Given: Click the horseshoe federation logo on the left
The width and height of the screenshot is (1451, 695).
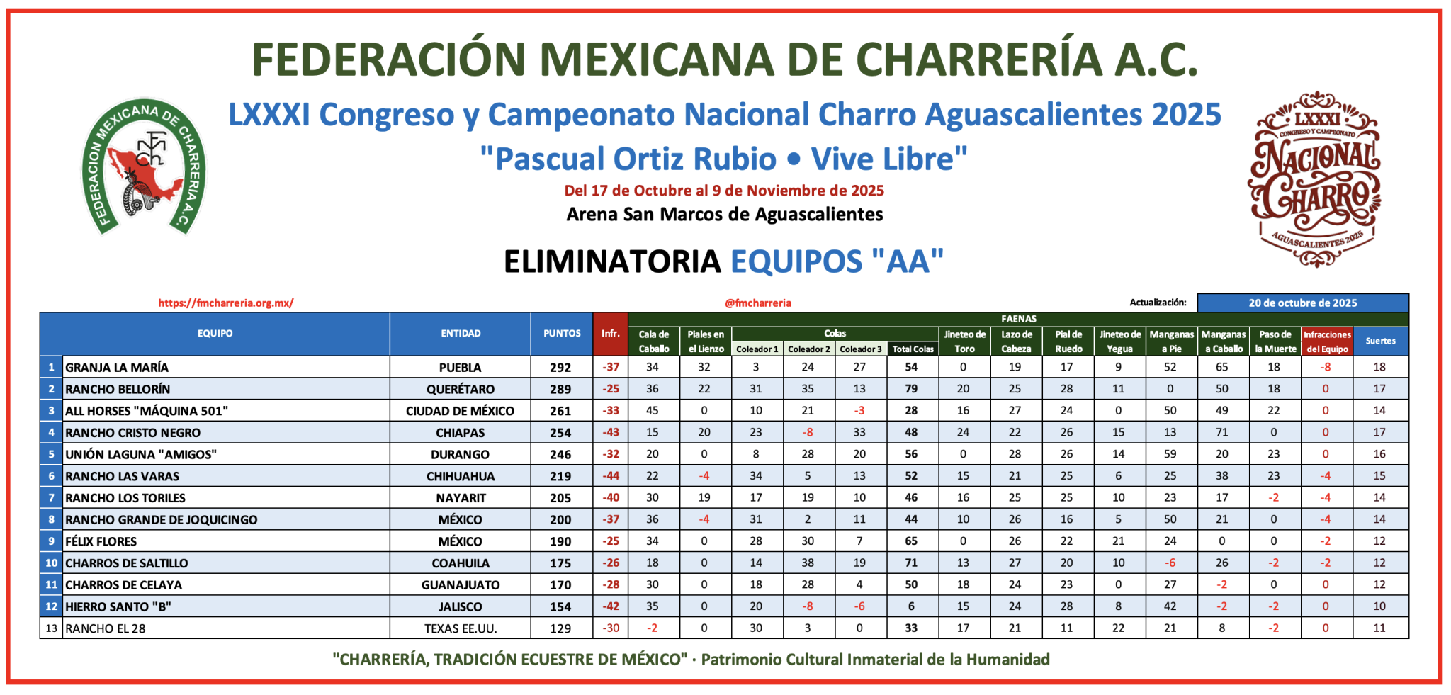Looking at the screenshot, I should pyautogui.click(x=144, y=167).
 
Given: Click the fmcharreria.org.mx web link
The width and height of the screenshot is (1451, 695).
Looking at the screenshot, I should pyautogui.click(x=226, y=303).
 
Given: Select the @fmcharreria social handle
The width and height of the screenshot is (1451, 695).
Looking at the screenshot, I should pyautogui.click(x=758, y=303).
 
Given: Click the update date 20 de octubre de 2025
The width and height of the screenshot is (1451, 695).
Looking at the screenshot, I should pyautogui.click(x=1302, y=303).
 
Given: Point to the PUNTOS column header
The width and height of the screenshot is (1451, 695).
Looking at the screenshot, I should pyautogui.click(x=562, y=334).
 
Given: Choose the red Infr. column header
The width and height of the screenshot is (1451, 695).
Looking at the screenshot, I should pyautogui.click(x=610, y=334).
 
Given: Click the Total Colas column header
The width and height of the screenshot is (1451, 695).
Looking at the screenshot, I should pyautogui.click(x=913, y=349).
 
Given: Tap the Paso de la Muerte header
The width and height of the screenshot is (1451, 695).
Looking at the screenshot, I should pyautogui.click(x=1275, y=341).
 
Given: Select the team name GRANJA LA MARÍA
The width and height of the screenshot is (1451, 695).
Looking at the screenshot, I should pyautogui.click(x=118, y=367).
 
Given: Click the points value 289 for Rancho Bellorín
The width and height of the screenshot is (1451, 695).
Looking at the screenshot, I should pyautogui.click(x=560, y=389).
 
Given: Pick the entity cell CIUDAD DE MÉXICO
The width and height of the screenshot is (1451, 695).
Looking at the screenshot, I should pyautogui.click(x=460, y=411).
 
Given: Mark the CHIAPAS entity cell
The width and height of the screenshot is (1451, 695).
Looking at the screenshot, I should pyautogui.click(x=460, y=433).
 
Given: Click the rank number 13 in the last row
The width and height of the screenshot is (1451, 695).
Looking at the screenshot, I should pyautogui.click(x=51, y=628).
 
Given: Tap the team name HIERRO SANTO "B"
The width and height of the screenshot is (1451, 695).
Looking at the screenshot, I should pyautogui.click(x=118, y=606).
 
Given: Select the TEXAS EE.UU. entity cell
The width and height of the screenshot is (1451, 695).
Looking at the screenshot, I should pyautogui.click(x=461, y=628).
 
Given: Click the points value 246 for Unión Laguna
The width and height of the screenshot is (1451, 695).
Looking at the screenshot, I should pyautogui.click(x=560, y=454).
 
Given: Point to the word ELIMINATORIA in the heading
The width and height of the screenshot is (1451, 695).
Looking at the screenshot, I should pyautogui.click(x=612, y=261).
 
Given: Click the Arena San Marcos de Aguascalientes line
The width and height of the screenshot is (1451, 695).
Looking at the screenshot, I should pyautogui.click(x=724, y=215).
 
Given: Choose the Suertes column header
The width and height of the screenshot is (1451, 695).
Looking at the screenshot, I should pyautogui.click(x=1380, y=341).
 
